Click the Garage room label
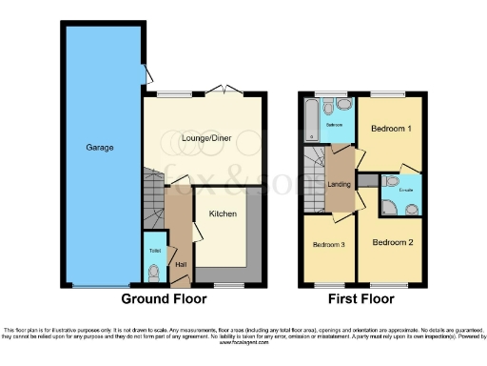click(x=101, y=148)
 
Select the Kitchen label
click(x=223, y=213)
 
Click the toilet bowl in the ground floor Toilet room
click(x=154, y=271)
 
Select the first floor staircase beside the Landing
click(x=313, y=181)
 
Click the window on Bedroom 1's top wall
click(x=385, y=94)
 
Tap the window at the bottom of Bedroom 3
click(x=328, y=285)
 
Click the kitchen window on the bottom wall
click(x=225, y=285)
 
